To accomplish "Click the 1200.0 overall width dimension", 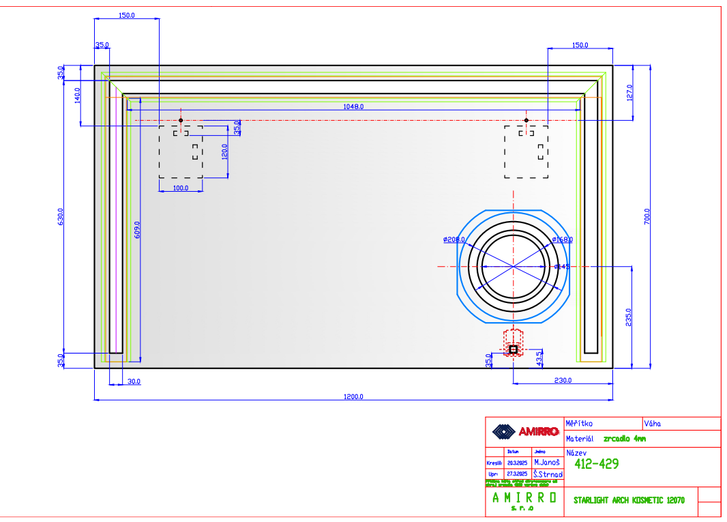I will pyautogui.click(x=353, y=396).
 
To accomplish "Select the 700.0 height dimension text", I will pyautogui.click(x=647, y=216).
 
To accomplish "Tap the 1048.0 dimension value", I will pyautogui.click(x=353, y=106).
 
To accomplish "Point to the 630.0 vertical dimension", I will pyautogui.click(x=60, y=216).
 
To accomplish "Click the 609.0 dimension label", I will pyautogui.click(x=138, y=229).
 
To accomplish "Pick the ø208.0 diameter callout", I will pyautogui.click(x=454, y=240).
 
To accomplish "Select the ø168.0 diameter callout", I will pyautogui.click(x=563, y=240).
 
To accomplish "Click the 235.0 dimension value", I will pyautogui.click(x=629, y=317).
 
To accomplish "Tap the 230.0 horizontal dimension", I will pyautogui.click(x=563, y=381).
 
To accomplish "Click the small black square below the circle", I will pyautogui.click(x=513, y=349).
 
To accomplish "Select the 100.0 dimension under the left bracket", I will pyautogui.click(x=181, y=188).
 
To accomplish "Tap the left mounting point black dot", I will pyautogui.click(x=181, y=120).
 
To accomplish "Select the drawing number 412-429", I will pyautogui.click(x=597, y=465).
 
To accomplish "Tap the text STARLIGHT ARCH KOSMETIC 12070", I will pyautogui.click(x=629, y=500).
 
